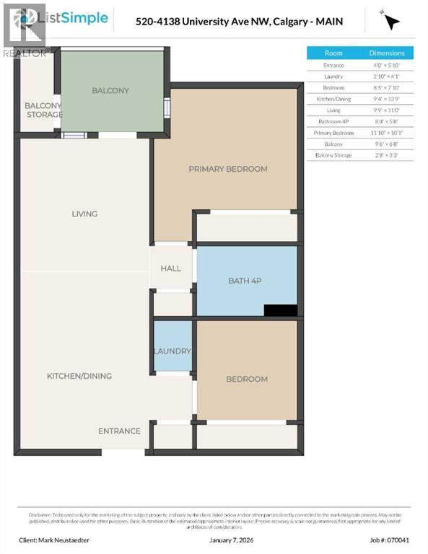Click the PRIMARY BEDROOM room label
click(x=227, y=169)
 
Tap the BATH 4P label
click(x=247, y=280)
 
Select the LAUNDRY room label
click(x=172, y=351)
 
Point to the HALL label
click(x=171, y=268)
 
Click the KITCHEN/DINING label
click(x=79, y=376)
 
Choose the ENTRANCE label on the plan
click(x=119, y=431)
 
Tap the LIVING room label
click(x=84, y=214)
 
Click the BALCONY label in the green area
click(x=110, y=90)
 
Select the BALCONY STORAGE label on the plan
click(x=43, y=110)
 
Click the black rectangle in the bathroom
click(x=281, y=310)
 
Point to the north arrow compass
click(x=391, y=21)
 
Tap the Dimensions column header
click(x=387, y=53)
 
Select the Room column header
click(x=333, y=53)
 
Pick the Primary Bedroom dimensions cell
click(x=387, y=133)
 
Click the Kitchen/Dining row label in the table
click(x=333, y=99)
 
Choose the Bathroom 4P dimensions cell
click(x=387, y=121)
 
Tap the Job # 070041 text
click(x=394, y=540)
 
